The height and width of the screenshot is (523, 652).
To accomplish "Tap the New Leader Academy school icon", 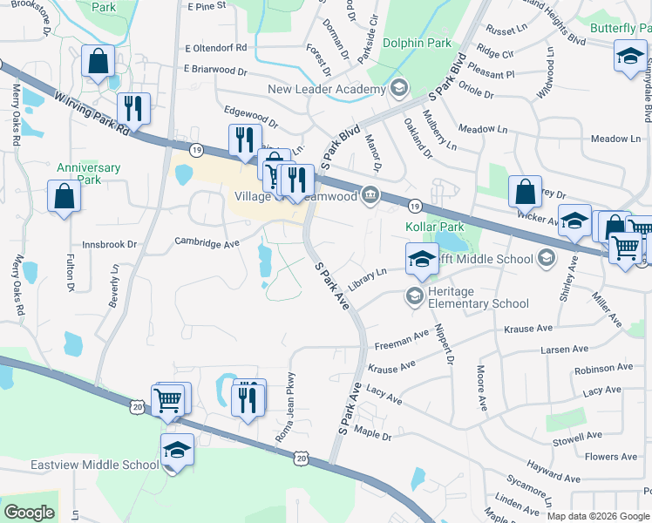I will coord(399,88).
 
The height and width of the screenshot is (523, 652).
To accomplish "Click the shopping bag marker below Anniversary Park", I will coord(65,196).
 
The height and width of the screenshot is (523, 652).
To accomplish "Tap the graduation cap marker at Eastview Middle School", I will coord(177,450).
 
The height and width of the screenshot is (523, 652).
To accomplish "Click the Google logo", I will coord(29,513).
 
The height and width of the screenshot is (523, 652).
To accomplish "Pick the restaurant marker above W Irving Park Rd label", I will coord(133,109).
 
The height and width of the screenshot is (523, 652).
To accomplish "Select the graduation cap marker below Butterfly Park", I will coord(629,59).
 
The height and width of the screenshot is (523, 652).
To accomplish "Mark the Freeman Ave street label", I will coord(403,336).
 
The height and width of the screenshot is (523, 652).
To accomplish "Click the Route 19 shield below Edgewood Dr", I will coord(197,150).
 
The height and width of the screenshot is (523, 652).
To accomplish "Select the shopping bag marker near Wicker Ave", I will coord(526,192).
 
